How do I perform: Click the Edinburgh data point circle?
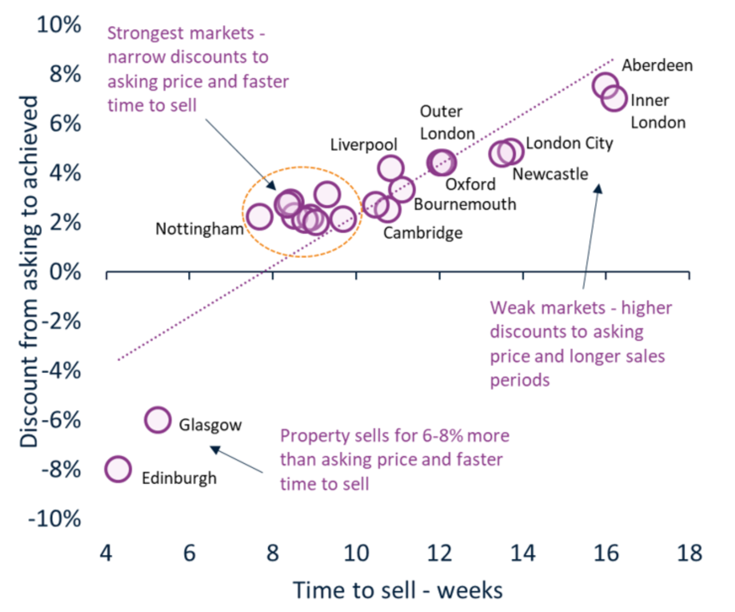point(118,469)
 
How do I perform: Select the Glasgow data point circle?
point(158,420)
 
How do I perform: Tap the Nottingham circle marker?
point(259,216)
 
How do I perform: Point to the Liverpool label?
point(363,145)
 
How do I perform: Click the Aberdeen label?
point(657,65)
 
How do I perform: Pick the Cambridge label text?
point(422,233)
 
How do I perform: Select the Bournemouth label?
point(465,204)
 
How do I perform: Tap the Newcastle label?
point(550,174)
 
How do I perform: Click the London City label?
point(569,143)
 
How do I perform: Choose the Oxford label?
point(470,184)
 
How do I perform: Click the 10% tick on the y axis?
point(59,25)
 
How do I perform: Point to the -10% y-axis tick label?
point(55,518)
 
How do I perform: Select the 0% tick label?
point(65,272)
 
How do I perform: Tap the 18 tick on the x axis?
point(689,553)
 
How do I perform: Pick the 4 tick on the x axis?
point(106,553)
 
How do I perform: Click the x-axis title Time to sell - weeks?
point(397,591)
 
